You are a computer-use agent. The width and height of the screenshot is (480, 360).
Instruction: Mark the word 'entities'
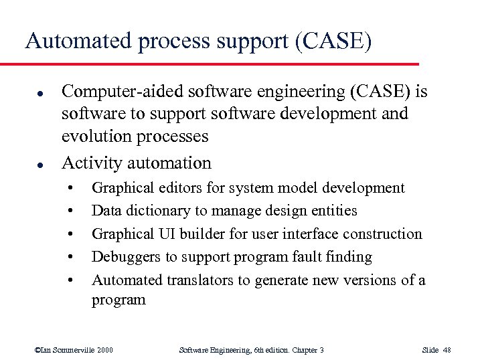coord(333,211)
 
